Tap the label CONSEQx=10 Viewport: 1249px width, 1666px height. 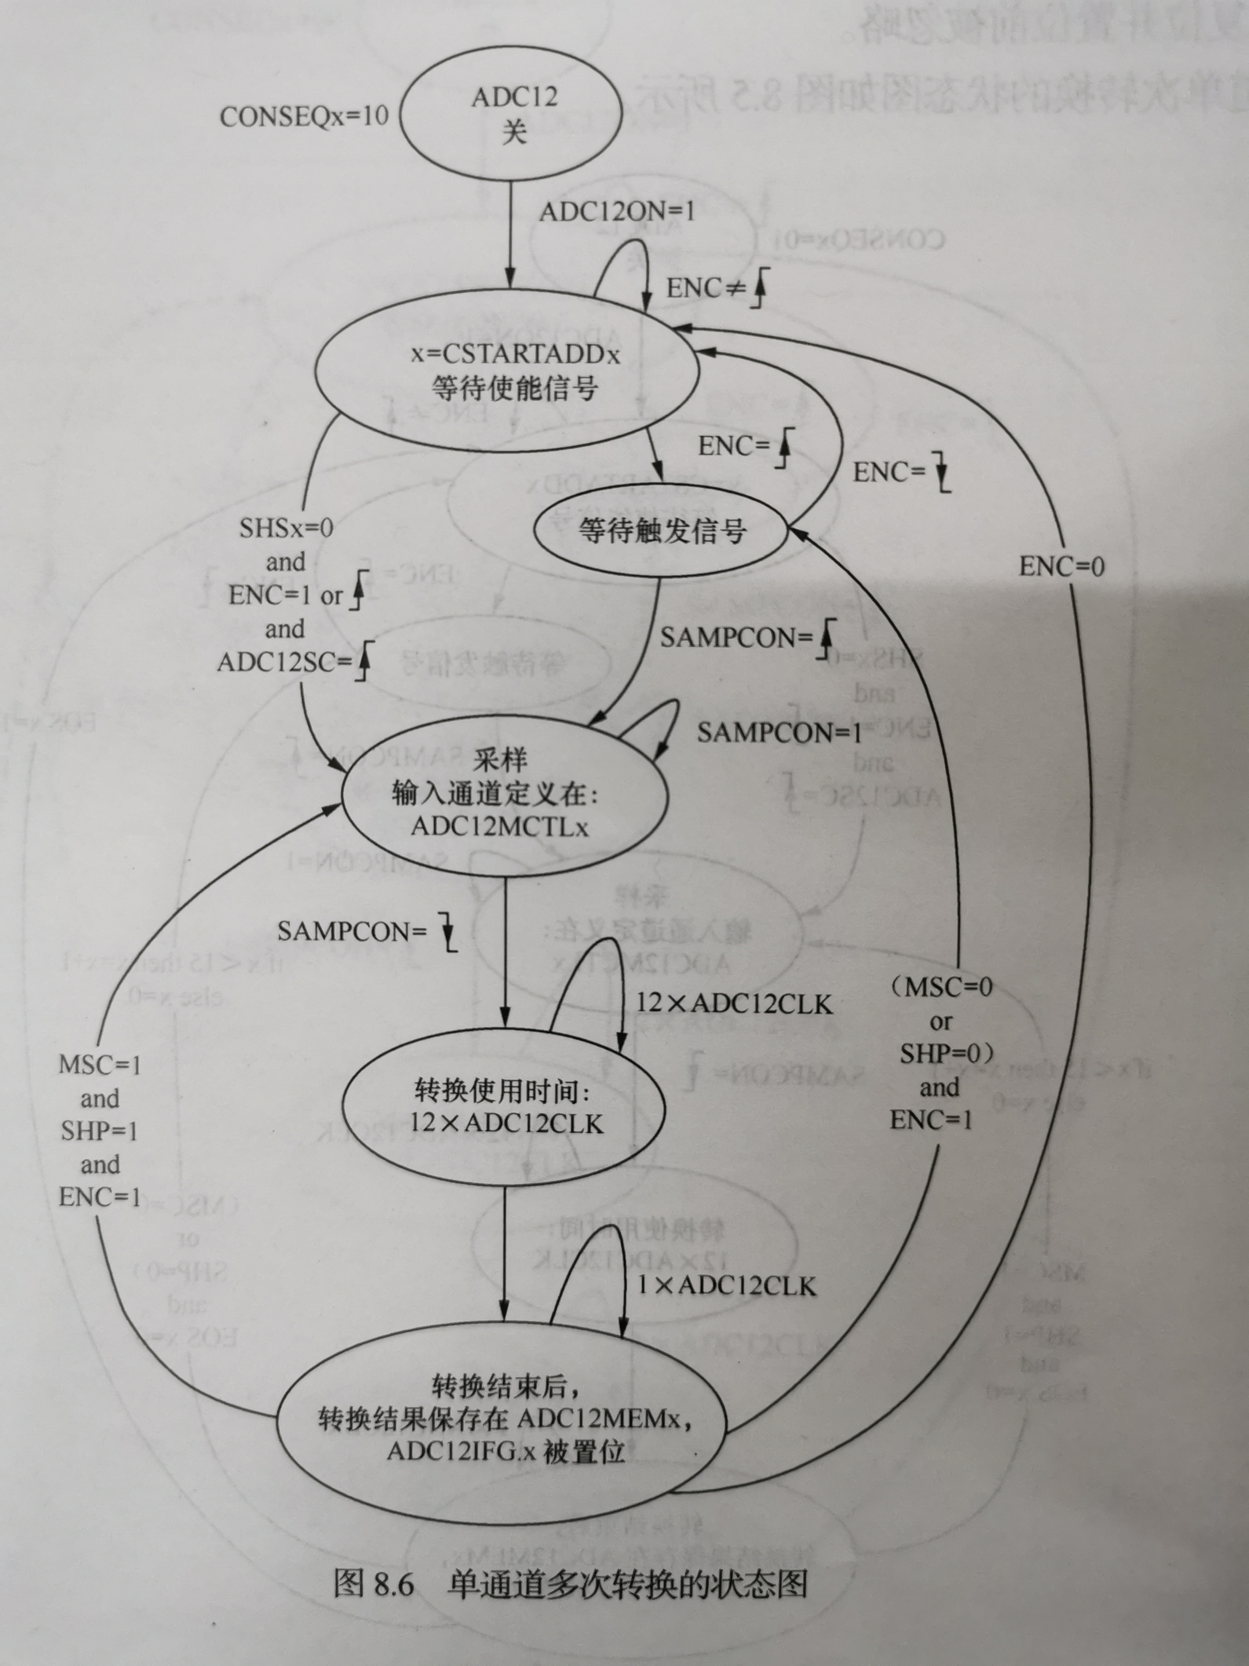tap(304, 117)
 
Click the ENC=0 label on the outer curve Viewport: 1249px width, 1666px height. tap(1061, 566)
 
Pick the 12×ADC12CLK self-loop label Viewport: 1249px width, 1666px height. tap(734, 1004)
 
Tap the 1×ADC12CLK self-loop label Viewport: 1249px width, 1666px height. tap(726, 1286)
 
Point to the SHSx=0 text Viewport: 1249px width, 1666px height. tap(286, 528)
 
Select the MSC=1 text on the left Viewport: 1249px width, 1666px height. tap(100, 1066)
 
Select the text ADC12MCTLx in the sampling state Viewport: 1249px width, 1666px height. tap(500, 827)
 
